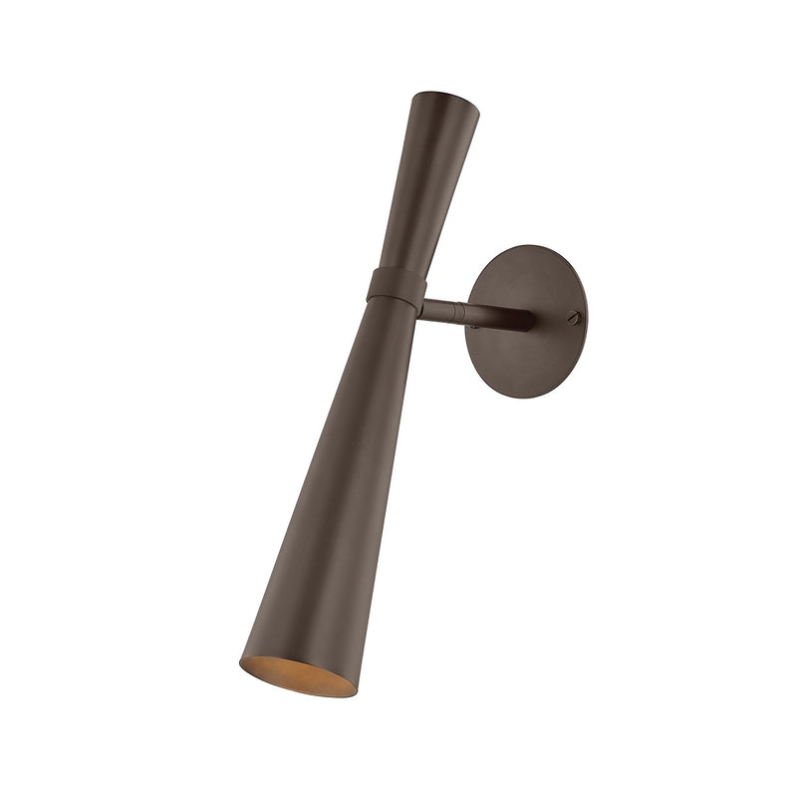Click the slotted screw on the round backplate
tap(572, 317)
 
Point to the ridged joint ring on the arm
tap(459, 312)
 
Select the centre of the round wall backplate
tap(525, 321)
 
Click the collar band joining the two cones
tap(397, 286)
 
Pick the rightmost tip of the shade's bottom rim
tap(355, 689)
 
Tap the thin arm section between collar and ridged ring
tap(438, 307)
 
